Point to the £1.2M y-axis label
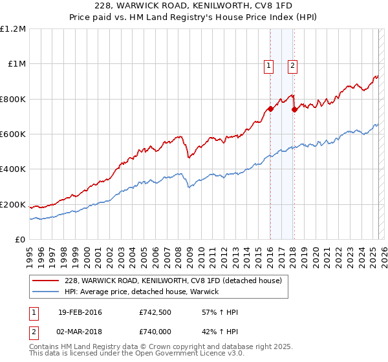[x=13, y=29]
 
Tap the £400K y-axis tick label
[x=13, y=169]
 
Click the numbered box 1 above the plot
[x=268, y=65]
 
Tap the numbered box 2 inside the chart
[x=292, y=65]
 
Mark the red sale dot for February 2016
[x=270, y=109]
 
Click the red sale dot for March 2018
[x=294, y=109]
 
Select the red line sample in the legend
[x=47, y=281]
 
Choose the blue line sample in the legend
[x=47, y=292]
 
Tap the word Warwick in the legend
[x=206, y=292]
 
